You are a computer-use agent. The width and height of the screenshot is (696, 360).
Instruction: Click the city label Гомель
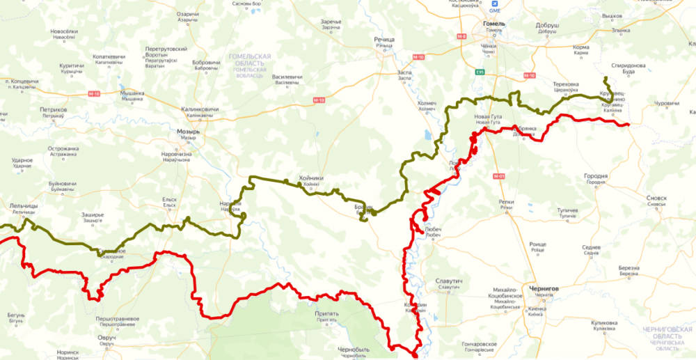point(493,23)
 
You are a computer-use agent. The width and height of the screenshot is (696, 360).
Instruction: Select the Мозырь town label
point(189,131)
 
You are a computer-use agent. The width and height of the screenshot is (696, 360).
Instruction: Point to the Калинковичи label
point(200,109)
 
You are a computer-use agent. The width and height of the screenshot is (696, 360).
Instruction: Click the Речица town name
point(384,40)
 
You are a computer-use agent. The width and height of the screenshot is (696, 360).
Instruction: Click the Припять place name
point(327,313)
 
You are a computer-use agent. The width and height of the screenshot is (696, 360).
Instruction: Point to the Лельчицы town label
point(24,207)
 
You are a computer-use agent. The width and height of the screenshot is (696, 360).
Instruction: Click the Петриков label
point(53,110)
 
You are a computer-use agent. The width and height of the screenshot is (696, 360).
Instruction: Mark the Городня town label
point(596,176)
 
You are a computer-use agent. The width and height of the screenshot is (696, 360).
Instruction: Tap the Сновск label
point(656,198)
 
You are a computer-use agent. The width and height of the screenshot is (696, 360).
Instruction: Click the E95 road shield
point(480,71)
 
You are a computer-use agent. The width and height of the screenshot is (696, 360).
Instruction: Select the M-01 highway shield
point(498,175)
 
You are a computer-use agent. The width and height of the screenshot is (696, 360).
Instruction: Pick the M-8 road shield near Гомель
point(461,36)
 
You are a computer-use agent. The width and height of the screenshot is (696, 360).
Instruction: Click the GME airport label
point(495,10)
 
